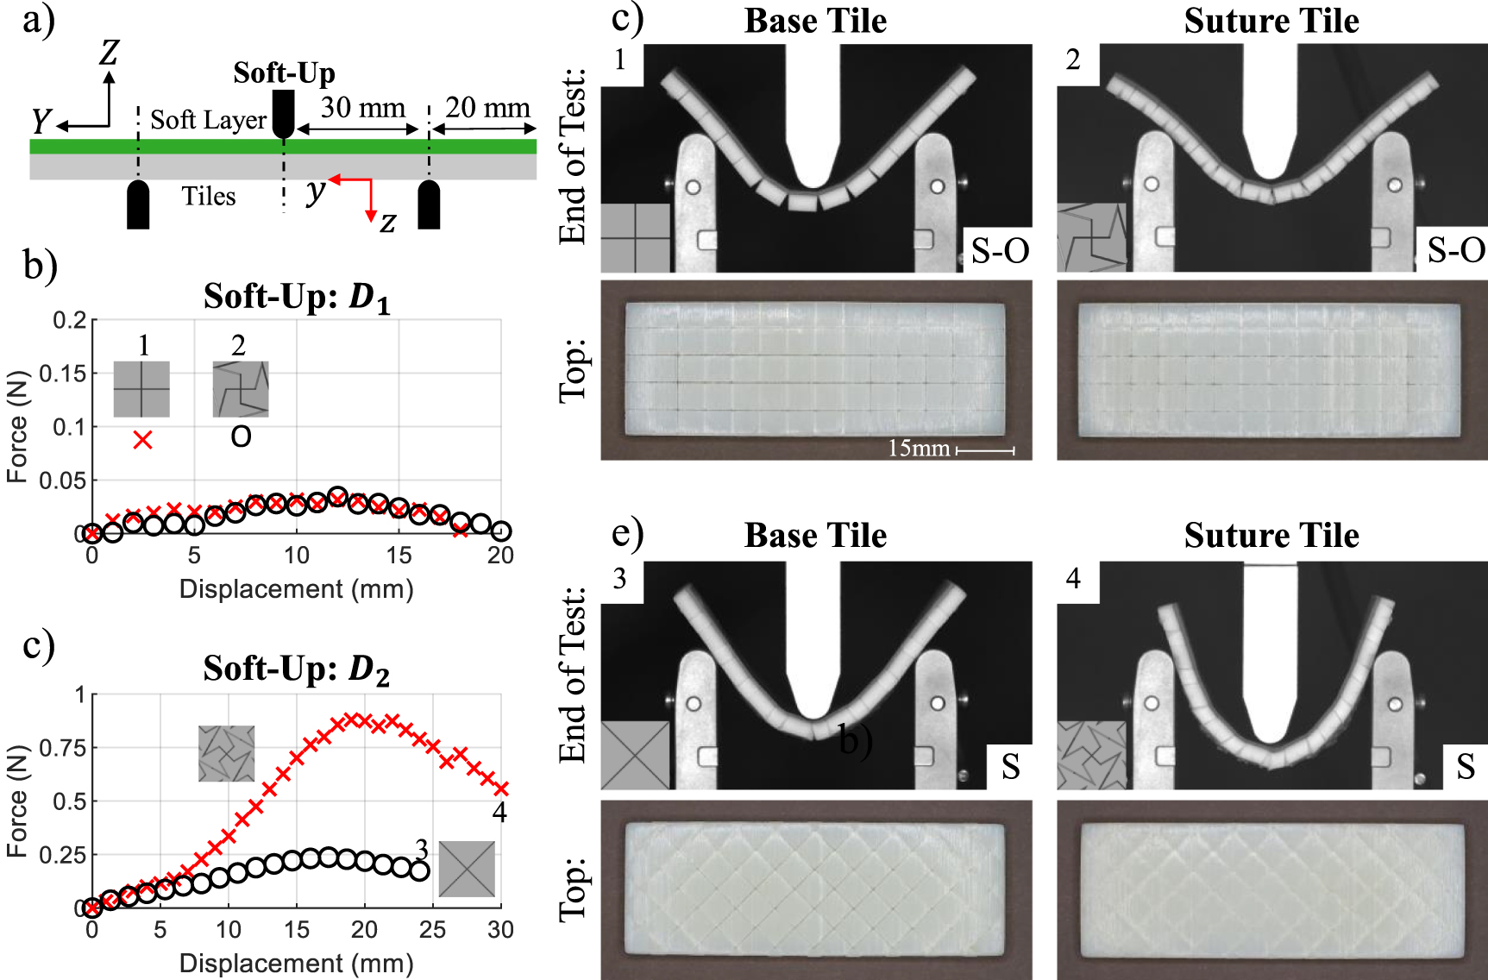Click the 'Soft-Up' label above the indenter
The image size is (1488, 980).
284,73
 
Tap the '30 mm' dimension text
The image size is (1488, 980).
362,108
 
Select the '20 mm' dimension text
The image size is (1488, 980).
487,108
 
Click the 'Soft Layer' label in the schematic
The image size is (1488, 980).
208,120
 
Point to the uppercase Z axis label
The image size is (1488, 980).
109,53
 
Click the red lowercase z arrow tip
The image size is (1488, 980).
371,218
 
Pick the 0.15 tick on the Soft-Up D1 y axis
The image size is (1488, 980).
68,374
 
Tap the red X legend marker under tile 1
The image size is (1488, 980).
142,440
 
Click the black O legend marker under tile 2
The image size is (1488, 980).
241,437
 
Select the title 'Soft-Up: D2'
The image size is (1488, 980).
296,669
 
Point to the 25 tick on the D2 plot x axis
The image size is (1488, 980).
432,929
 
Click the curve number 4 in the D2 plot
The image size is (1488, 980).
499,812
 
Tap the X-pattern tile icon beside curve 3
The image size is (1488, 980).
467,869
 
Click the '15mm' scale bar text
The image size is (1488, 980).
918,449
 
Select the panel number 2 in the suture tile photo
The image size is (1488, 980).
1072,60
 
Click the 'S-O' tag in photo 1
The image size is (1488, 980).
1000,251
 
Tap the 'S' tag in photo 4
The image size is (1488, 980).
1465,766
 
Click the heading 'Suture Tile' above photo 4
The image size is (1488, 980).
1271,536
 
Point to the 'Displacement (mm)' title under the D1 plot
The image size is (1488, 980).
296,589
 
